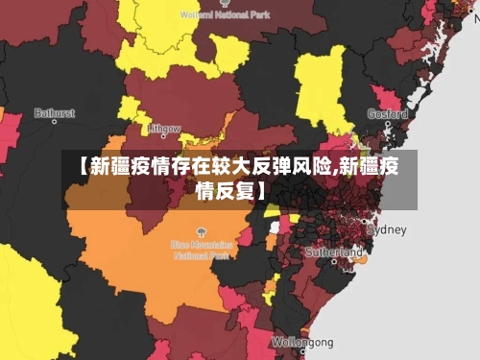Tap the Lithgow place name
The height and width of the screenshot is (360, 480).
pyautogui.click(x=165, y=129)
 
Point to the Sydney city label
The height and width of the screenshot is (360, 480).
pyautogui.click(x=388, y=229)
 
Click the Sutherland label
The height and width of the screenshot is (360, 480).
pyautogui.click(x=332, y=252)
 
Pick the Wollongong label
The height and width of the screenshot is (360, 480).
pyautogui.click(x=302, y=342)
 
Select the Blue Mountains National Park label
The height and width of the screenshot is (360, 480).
pyautogui.click(x=203, y=251)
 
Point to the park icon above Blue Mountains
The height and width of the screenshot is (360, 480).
pyautogui.click(x=202, y=232)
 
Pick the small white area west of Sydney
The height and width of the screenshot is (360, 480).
pyautogui.click(x=275, y=227)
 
